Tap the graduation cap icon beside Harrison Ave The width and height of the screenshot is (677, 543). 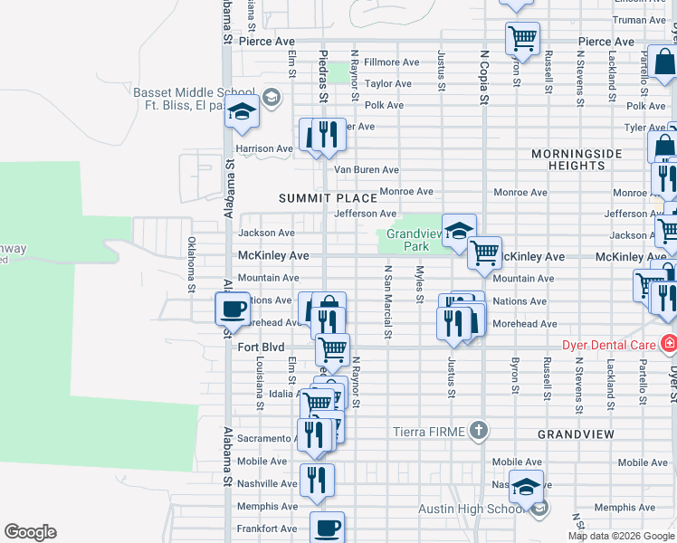pyautogui.click(x=242, y=113)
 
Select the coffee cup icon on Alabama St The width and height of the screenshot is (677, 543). pyautogui.click(x=233, y=310)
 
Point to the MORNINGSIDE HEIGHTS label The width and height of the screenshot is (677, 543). pyautogui.click(x=577, y=160)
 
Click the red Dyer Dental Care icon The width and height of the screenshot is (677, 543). pyautogui.click(x=668, y=344)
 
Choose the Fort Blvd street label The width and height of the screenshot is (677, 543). pyautogui.click(x=261, y=347)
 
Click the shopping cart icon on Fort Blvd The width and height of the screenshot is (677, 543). pyautogui.click(x=332, y=348)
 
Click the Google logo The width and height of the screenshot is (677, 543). pyautogui.click(x=30, y=532)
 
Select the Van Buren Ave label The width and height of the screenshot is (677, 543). pyautogui.click(x=366, y=169)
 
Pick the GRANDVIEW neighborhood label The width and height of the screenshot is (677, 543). pyautogui.click(x=577, y=434)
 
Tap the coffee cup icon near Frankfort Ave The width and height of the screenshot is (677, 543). pyautogui.click(x=327, y=526)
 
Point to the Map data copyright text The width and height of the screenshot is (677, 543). pyautogui.click(x=621, y=536)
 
